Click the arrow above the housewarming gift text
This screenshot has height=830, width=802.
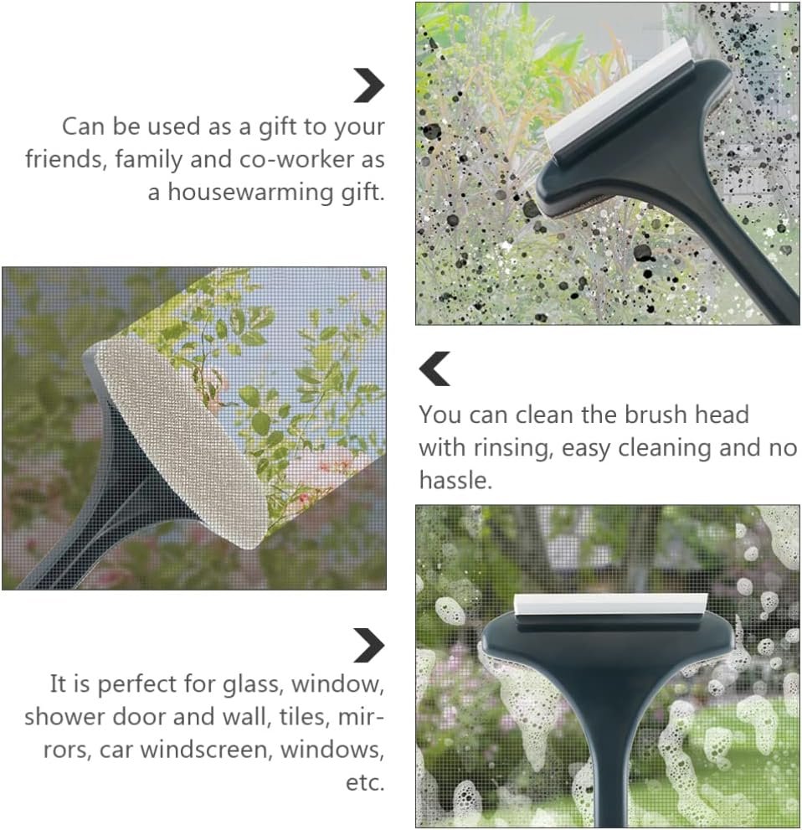pos(369,85)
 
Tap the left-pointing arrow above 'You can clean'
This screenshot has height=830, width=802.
pos(434,369)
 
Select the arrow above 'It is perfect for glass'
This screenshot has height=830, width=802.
pos(369,645)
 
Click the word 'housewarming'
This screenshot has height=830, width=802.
pos(251,192)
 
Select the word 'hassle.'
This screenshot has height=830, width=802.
pos(455,481)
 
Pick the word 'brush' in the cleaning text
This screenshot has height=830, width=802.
pos(656,415)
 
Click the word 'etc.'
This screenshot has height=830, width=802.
pos(365,783)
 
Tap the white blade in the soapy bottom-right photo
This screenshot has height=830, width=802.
pos(610,604)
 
